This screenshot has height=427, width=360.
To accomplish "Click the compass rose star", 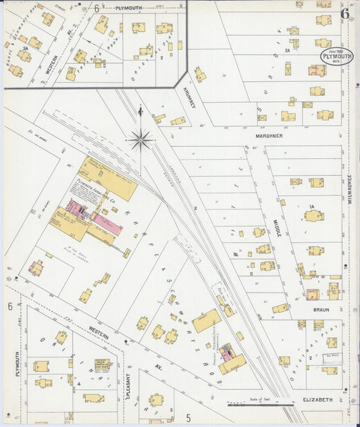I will (140, 140).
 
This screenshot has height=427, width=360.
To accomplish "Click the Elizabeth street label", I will (317, 400).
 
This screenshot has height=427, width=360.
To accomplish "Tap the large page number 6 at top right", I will (344, 14).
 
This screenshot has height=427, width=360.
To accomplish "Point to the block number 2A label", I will (287, 50).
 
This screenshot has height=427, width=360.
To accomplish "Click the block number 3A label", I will (25, 49).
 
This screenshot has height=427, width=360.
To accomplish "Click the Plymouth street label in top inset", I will (132, 8).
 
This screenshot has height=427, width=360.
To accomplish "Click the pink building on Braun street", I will (312, 293).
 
